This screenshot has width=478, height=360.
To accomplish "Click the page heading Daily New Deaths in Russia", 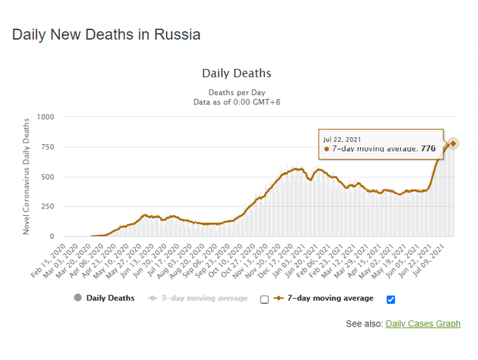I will pyautogui.click(x=107, y=34).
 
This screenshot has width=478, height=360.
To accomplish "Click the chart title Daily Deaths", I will pyautogui.click(x=236, y=73).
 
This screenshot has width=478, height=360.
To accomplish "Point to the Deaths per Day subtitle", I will pyautogui.click(x=237, y=92).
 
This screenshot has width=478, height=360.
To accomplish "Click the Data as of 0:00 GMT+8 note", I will pyautogui.click(x=237, y=102).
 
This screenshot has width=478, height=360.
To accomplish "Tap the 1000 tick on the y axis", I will pyautogui.click(x=46, y=117).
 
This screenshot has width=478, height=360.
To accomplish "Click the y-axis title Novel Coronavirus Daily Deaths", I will pyautogui.click(x=27, y=176).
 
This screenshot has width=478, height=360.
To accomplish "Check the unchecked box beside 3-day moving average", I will pyautogui.click(x=264, y=299).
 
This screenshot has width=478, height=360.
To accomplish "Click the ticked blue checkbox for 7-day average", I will pyautogui.click(x=391, y=299).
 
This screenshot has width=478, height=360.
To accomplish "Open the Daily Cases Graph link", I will pyautogui.click(x=423, y=323).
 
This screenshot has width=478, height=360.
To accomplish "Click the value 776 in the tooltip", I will pyautogui.click(x=428, y=148).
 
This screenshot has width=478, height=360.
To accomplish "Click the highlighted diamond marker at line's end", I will pyautogui.click(x=453, y=143).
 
